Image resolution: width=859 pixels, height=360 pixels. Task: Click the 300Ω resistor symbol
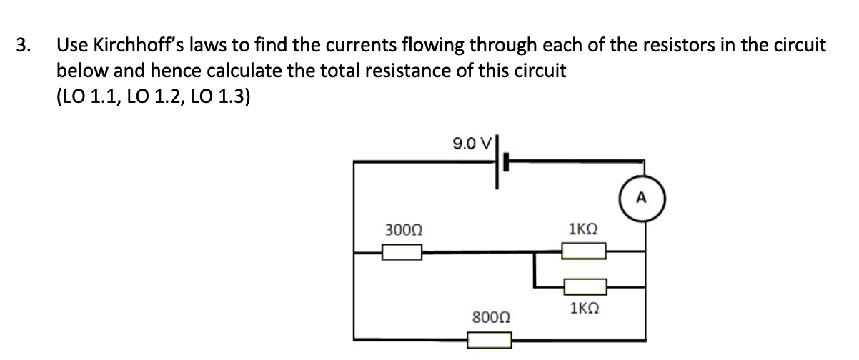tap(401, 252)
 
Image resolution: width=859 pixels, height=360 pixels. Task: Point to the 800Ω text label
tap(490, 316)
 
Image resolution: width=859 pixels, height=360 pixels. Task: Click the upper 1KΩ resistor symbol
tap(584, 251)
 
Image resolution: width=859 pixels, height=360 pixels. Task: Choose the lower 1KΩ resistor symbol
tap(584, 287)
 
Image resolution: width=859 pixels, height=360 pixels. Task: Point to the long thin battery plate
tap(495, 162)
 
